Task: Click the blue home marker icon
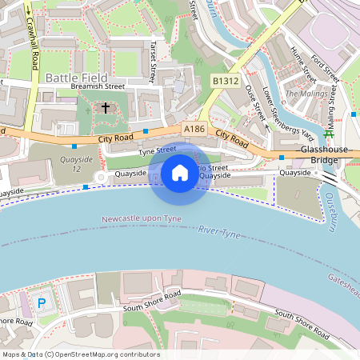tap(180, 173)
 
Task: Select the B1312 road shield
tap(226, 82)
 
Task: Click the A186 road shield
tap(194, 128)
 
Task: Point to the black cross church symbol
tap(105, 107)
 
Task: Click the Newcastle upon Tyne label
tap(142, 218)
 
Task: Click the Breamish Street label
tap(98, 86)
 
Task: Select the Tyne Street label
tap(158, 150)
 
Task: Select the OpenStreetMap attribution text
tap(81, 354)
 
